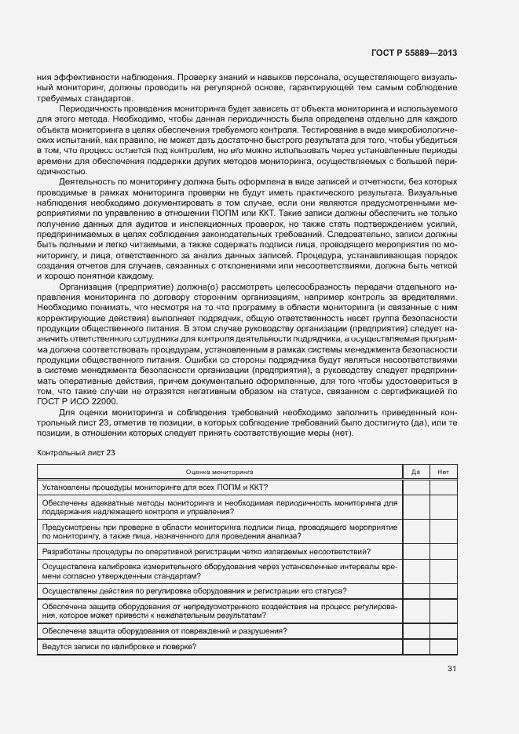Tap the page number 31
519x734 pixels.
[x=451, y=669]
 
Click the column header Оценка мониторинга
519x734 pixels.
[x=219, y=473]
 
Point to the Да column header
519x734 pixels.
[x=415, y=473]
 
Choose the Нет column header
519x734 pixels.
[x=444, y=473]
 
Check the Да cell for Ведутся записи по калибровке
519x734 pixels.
[x=415, y=646]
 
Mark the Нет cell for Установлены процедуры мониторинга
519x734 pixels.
[x=444, y=488]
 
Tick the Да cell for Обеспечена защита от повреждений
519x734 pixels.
[x=415, y=631]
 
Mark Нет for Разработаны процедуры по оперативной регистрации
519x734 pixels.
[x=444, y=552]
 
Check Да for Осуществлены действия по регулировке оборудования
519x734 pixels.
[x=415, y=590]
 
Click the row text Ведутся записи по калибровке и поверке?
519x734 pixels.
[x=119, y=646]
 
